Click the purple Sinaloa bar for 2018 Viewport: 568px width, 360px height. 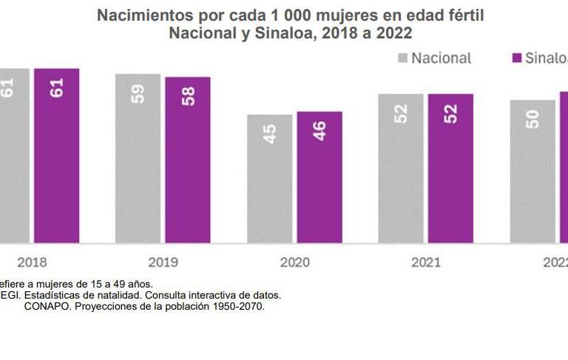56,155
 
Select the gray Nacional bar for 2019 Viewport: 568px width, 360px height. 138,158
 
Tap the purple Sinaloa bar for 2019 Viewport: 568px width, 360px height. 187,160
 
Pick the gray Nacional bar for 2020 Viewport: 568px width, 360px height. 269,178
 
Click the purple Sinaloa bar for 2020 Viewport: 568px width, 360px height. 319,177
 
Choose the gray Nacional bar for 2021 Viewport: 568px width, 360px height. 401,168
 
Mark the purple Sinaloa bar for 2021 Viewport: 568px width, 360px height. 450,168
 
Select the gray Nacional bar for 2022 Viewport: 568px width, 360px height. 532,171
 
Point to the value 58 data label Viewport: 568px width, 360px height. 188,96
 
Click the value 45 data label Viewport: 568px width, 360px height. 270,134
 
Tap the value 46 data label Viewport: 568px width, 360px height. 320,132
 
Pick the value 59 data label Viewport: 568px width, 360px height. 138,93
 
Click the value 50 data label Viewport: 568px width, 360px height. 532,119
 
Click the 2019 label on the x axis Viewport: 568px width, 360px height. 163,262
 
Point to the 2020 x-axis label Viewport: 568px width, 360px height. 294,262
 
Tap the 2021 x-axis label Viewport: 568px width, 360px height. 426,262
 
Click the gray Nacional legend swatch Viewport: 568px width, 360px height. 403,58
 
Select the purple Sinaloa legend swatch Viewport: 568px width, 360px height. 516,58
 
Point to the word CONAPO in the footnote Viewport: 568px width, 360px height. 45,306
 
